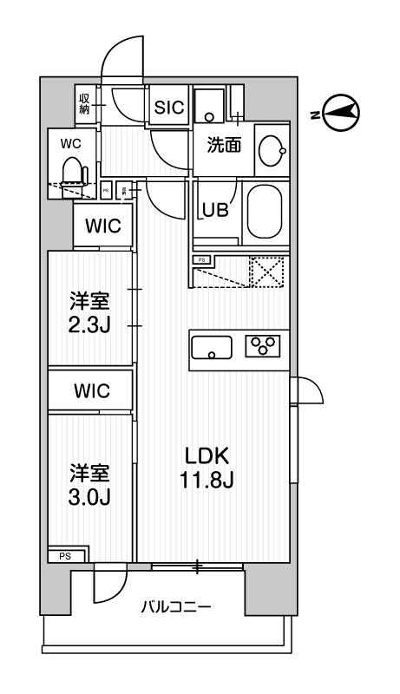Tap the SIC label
pos(167,108)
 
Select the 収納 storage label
pos(86,103)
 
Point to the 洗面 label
pos(223,146)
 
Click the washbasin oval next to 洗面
pos(272,153)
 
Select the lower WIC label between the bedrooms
pos(91,390)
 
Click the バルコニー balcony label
pos(175,607)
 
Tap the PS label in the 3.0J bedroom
pos(66,556)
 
